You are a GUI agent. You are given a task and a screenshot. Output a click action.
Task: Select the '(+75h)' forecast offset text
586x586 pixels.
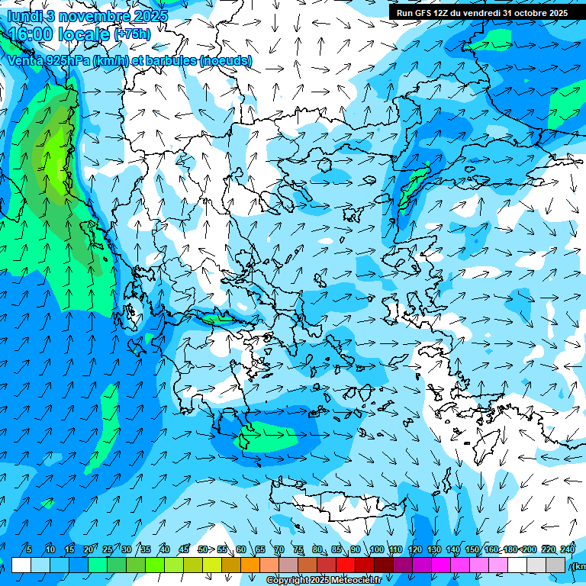pos(132,34)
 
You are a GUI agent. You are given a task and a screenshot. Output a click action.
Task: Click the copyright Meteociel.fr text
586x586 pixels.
pos(324,581)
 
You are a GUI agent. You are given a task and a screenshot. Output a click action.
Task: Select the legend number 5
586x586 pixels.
pos(29,549)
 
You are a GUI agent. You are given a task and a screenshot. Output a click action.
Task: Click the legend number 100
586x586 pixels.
pos(376,549)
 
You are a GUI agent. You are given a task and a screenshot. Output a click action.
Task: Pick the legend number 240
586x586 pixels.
pos(568,549)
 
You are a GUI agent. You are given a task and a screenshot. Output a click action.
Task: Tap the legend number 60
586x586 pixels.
pos(241,549)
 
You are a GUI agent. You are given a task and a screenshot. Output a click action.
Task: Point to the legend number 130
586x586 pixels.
pos(433,549)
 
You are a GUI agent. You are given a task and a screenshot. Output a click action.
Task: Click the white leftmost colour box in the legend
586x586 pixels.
pos(21,565)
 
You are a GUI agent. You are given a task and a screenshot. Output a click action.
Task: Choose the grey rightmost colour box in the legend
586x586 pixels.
pos(555,565)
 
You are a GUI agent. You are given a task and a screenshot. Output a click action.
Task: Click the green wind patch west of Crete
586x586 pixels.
pos(263,439)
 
